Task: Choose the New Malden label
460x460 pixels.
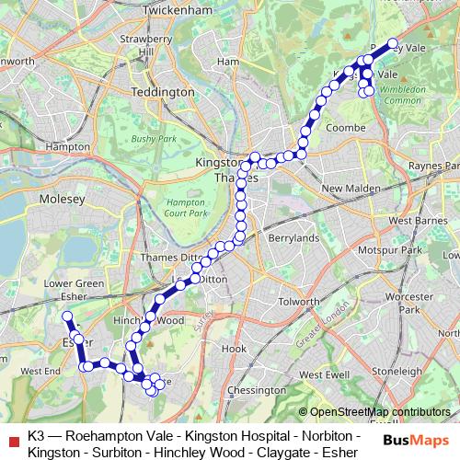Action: (345, 189)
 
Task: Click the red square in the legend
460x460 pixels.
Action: (11, 438)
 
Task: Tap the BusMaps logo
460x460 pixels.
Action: (420, 439)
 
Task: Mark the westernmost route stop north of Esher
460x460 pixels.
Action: (66, 316)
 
